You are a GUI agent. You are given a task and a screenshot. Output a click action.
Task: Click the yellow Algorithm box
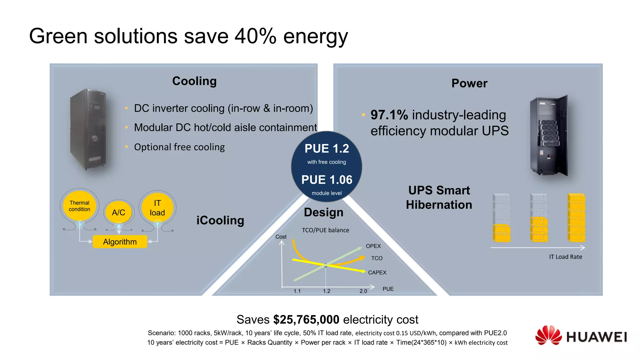(120, 242)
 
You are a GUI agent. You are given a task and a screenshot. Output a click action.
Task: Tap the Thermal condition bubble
(79, 206)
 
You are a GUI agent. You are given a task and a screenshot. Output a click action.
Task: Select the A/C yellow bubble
(118, 212)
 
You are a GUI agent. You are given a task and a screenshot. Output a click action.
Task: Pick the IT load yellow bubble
(157, 208)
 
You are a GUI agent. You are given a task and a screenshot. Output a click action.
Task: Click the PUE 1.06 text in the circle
(327, 180)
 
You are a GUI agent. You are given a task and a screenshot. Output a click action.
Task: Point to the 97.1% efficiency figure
(389, 115)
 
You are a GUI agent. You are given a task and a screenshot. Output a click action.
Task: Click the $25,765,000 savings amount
(306, 319)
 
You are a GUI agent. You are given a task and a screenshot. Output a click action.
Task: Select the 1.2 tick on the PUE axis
(326, 291)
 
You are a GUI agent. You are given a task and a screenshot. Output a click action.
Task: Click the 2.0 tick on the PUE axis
(363, 291)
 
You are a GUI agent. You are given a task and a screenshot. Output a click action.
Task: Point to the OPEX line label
(373, 246)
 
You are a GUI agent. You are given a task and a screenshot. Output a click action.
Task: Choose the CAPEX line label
(377, 272)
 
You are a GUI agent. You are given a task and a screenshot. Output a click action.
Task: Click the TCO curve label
(377, 258)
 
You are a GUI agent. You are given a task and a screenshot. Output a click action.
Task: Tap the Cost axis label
(281, 237)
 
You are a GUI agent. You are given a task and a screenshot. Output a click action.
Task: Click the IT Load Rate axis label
(566, 257)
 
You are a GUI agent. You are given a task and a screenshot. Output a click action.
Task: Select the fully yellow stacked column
(576, 218)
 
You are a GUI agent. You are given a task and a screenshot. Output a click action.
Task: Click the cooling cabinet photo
(88, 129)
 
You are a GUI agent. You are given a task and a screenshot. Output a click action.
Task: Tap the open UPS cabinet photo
(549, 136)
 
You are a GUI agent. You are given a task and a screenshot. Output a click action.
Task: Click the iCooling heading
(220, 220)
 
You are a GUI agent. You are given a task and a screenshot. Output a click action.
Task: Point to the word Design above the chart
(323, 212)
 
